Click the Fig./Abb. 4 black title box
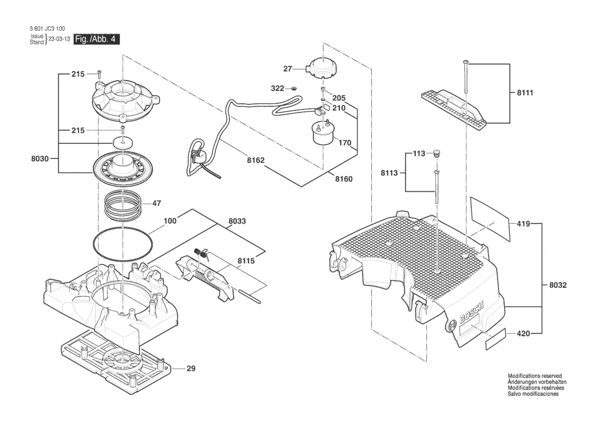[x=96, y=39]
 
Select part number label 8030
[x=40, y=159]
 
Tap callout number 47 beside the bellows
[x=157, y=203]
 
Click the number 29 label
[x=191, y=368]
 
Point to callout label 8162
[x=256, y=160]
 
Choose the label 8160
[x=344, y=179]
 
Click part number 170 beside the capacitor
[x=345, y=143]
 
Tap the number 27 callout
[x=287, y=69]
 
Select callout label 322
[x=277, y=88]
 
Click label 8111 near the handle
[x=525, y=93]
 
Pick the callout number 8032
[x=558, y=285]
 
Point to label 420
[x=523, y=334]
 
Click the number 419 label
[x=523, y=224]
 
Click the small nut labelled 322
[x=294, y=89]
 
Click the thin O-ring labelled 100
[x=123, y=244]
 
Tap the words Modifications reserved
[x=535, y=376]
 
